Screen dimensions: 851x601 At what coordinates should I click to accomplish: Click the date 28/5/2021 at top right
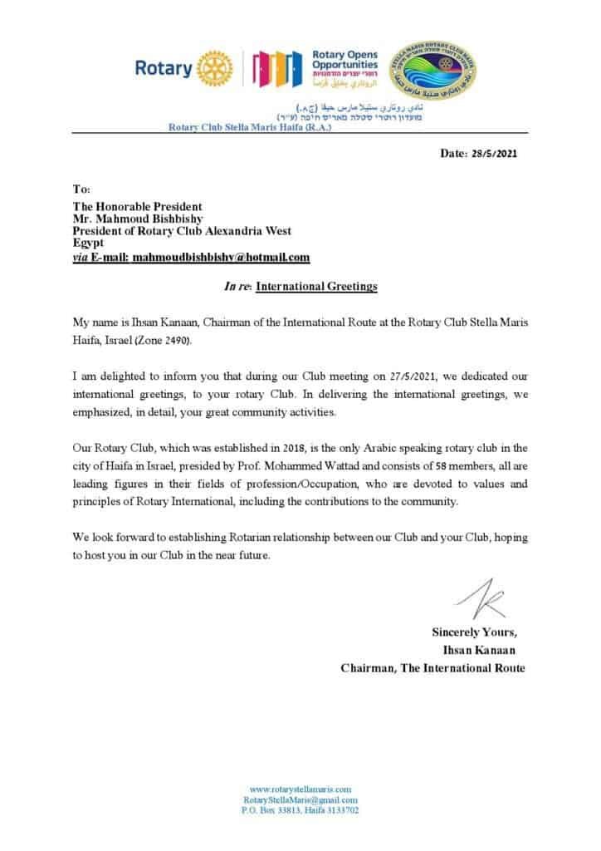point(495,155)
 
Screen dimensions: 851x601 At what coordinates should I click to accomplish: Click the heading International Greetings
point(316,287)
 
